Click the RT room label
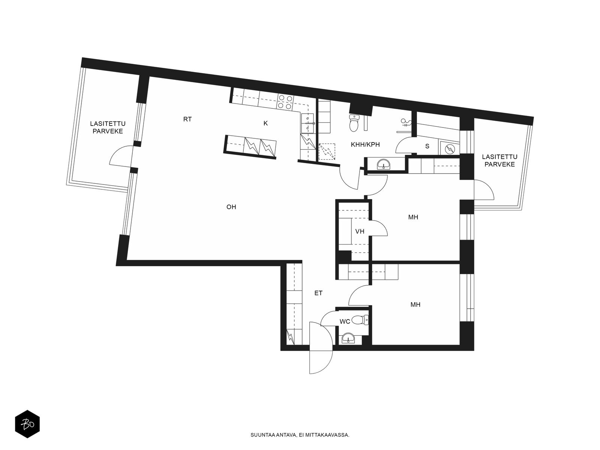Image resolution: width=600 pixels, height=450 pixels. tap(187, 119)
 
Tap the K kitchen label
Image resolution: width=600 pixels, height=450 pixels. tap(265, 123)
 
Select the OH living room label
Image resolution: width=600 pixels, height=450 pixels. tap(231, 207)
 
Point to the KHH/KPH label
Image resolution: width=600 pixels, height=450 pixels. tap(365, 144)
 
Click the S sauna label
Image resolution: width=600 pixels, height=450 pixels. tap(427, 146)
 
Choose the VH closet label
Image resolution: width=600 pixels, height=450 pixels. tap(360, 231)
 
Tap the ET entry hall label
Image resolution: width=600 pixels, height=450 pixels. tap(318, 293)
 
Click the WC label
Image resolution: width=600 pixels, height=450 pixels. tap(345, 322)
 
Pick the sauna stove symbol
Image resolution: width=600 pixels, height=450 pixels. tap(450, 149)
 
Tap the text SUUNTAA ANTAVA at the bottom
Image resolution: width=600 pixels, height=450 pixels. tap(274, 435)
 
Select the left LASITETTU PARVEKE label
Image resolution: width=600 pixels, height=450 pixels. tap(108, 127)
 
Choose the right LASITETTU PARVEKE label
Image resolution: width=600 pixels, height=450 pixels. tap(499, 160)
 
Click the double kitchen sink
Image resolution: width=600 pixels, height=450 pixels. tap(307, 123)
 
